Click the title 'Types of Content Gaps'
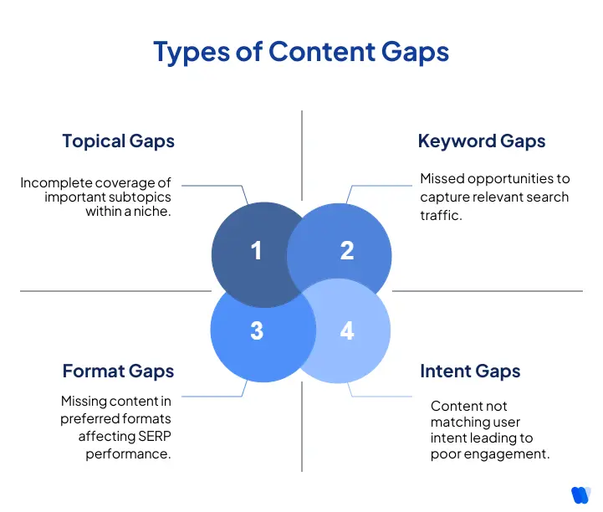tap(301, 52)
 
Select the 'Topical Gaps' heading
tap(118, 141)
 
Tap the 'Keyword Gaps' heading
tap(481, 141)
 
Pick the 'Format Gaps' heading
tap(118, 371)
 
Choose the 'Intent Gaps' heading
tap(470, 371)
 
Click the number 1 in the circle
tap(257, 250)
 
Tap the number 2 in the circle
tap(347, 250)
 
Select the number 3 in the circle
tap(257, 330)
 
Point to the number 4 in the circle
tap(347, 330)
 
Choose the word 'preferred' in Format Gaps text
tap(89, 418)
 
